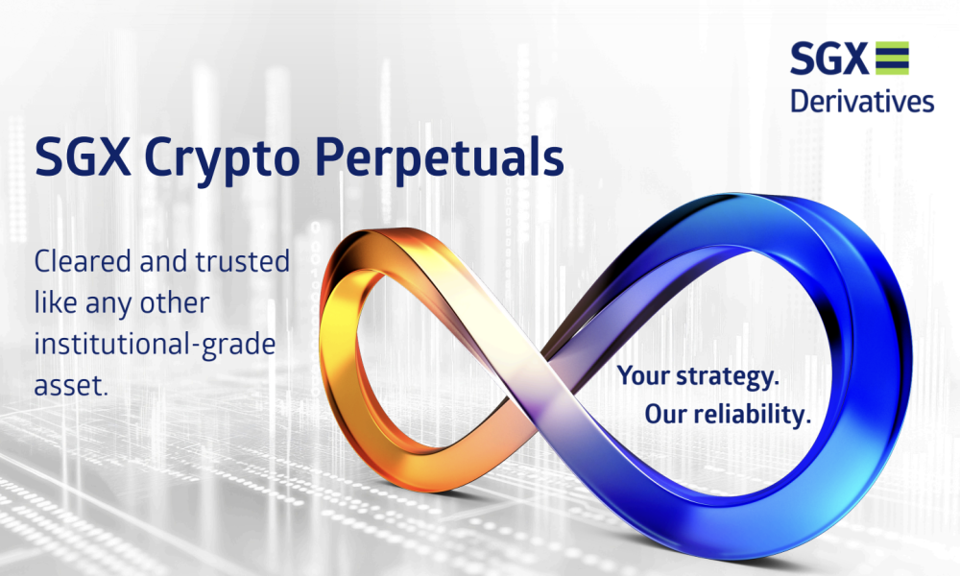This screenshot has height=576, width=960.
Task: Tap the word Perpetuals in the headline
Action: tap(440, 158)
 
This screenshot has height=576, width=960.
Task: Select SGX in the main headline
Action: tap(83, 157)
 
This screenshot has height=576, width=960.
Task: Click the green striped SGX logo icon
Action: tap(892, 59)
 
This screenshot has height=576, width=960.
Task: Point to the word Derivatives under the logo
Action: tap(862, 101)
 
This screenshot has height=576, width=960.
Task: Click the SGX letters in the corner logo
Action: tap(829, 59)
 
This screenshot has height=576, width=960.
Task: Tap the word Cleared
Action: tap(83, 261)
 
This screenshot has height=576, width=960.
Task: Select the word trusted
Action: tap(243, 261)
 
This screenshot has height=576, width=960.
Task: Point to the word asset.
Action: tap(71, 386)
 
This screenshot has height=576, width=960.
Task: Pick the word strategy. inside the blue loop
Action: tap(728, 376)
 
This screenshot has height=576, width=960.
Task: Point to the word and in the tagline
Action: tap(163, 261)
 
